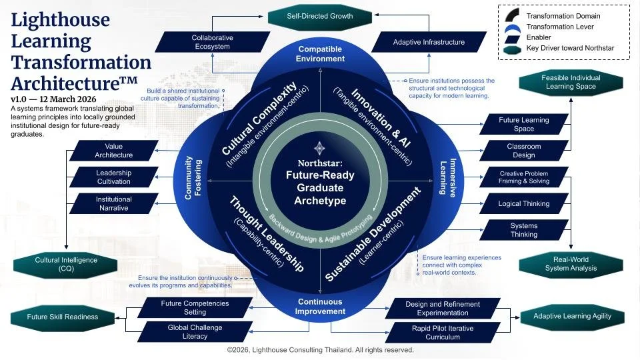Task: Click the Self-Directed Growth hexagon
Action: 319,15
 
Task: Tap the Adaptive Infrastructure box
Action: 429,42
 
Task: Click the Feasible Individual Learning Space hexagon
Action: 571,83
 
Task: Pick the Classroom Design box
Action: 524,151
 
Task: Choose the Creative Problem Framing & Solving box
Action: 524,177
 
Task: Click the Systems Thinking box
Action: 524,230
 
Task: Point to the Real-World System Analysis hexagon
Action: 571,264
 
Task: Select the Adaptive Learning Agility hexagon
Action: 573,316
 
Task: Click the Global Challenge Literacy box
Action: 195,332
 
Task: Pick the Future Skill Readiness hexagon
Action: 63,317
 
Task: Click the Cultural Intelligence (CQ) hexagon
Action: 66,265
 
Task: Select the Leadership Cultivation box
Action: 114,177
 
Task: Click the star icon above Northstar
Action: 320,148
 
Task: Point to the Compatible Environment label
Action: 321,54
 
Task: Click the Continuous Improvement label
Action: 320,306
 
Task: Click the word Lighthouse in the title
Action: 61,19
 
